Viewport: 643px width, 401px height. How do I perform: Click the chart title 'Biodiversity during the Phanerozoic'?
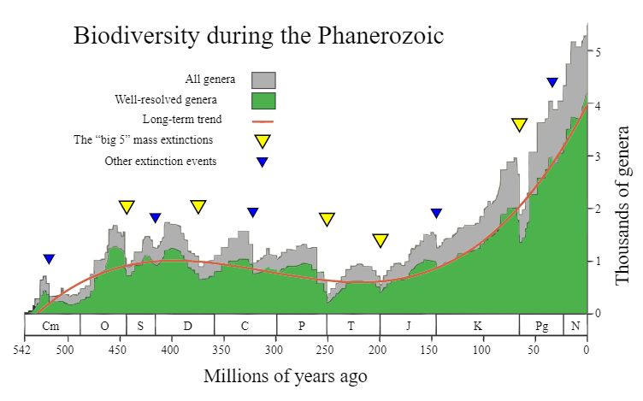tap(258, 37)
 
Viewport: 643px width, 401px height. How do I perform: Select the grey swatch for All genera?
tap(263, 80)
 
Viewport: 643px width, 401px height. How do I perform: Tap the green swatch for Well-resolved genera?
tap(263, 101)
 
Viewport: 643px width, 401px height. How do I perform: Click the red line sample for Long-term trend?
tap(263, 121)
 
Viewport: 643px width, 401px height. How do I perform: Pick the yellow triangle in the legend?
tap(263, 141)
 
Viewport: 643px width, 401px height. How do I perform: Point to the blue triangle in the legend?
tap(263, 162)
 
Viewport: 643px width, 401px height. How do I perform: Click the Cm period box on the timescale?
tap(51, 326)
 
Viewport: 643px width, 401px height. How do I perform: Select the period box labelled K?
tap(477, 326)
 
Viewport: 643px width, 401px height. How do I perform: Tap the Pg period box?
tap(541, 326)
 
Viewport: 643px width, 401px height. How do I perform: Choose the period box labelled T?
tap(352, 326)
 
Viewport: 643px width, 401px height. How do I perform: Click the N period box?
tap(575, 326)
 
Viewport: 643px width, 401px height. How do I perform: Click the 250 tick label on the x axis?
tap(327, 350)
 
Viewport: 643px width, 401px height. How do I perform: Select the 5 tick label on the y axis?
tap(599, 52)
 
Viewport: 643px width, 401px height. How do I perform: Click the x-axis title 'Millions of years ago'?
tap(286, 376)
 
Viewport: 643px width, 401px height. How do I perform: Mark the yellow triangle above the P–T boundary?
tap(327, 219)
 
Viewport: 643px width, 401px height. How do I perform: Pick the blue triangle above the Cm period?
tap(49, 259)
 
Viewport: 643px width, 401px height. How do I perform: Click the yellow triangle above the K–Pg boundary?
tap(519, 125)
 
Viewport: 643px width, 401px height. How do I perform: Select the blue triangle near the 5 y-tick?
tap(552, 82)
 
